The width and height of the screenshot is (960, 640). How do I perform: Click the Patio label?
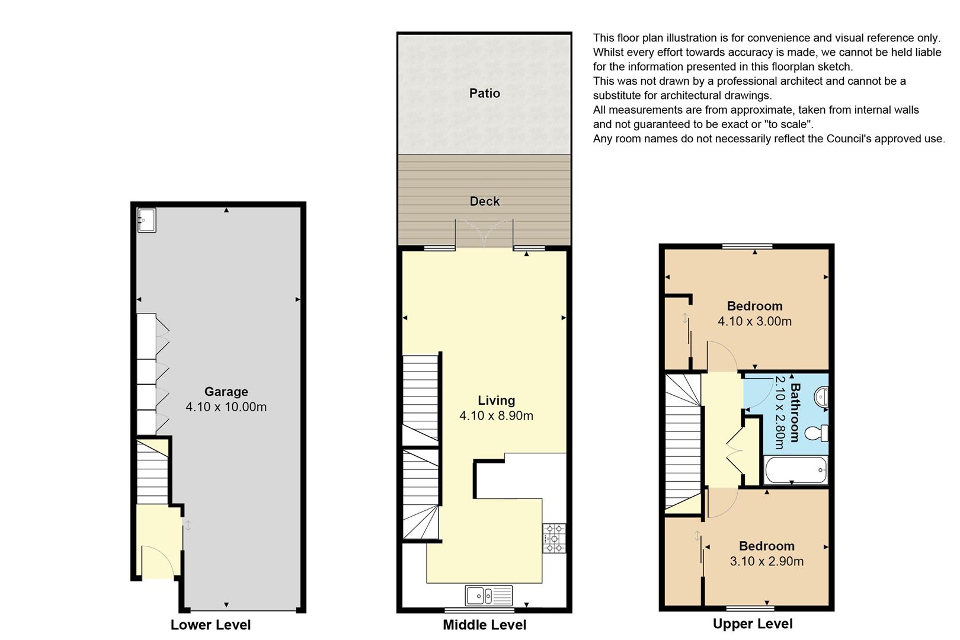pyautogui.click(x=484, y=93)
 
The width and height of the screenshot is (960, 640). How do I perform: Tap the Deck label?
pyautogui.click(x=484, y=201)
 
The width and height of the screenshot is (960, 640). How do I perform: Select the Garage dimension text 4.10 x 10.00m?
pyautogui.click(x=226, y=407)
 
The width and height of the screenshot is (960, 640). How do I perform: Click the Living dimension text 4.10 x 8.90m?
pyautogui.click(x=496, y=415)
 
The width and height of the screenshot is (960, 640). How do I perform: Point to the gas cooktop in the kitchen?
pyautogui.click(x=554, y=538)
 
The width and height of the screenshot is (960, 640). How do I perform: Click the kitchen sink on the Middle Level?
pyautogui.click(x=488, y=596)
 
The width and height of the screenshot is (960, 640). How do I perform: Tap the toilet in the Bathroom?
pyautogui.click(x=817, y=433)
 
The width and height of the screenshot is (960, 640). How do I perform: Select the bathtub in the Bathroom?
pyautogui.click(x=795, y=470)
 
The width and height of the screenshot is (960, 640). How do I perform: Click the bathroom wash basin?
pyautogui.click(x=821, y=397)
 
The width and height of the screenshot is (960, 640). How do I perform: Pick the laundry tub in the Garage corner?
pyautogui.click(x=146, y=220)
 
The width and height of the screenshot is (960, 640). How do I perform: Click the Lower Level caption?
pyautogui.click(x=210, y=625)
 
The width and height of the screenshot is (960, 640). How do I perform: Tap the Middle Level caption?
pyautogui.click(x=484, y=625)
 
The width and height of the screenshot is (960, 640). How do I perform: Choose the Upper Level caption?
pyautogui.click(x=753, y=624)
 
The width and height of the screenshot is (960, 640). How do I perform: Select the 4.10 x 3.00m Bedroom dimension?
pyautogui.click(x=755, y=321)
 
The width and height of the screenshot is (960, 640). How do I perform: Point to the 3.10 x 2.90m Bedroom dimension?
pyautogui.click(x=767, y=561)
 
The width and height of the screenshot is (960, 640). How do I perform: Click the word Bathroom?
pyautogui.click(x=795, y=412)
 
